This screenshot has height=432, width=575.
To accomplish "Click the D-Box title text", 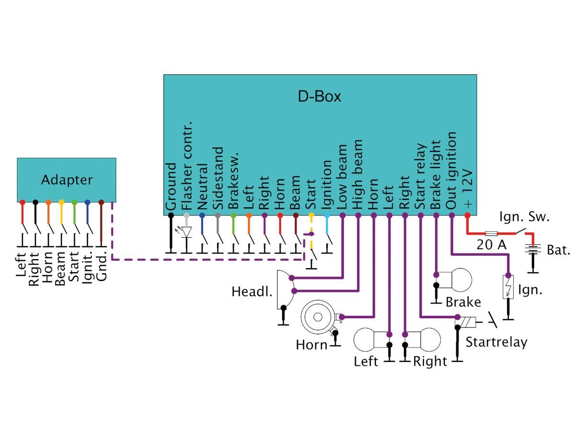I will click(x=320, y=97).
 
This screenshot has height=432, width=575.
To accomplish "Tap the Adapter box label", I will click(x=67, y=180).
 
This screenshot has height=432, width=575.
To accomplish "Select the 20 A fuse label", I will click(x=491, y=245).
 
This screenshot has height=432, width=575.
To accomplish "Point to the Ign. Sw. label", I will click(x=524, y=217).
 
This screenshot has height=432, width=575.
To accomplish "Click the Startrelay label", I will click(x=496, y=342).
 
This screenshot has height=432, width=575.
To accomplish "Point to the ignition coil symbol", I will click(x=507, y=287).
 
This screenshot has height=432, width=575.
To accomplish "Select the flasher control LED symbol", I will click(x=186, y=231).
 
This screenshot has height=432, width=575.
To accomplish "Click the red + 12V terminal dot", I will click(x=468, y=216).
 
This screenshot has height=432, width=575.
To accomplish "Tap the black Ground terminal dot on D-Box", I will click(x=171, y=216).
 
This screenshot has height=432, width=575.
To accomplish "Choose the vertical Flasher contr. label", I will click(x=187, y=166).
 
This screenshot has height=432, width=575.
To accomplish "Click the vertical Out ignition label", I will click(x=451, y=171).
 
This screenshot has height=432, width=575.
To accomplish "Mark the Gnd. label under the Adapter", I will click(x=102, y=268).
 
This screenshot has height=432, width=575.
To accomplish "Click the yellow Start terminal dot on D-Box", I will click(x=311, y=216).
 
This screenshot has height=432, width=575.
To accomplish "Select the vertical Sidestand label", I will click(x=218, y=178).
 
